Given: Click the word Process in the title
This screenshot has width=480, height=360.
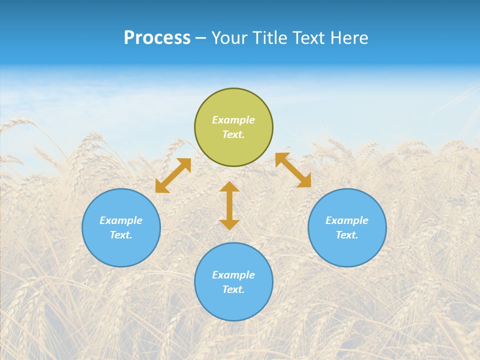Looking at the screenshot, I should pos(157,38).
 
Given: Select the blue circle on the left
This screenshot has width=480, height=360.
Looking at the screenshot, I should pos(121,250).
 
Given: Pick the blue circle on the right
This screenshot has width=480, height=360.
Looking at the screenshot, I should pos(347,250).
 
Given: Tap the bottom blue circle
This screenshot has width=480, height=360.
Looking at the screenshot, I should pos(233,305).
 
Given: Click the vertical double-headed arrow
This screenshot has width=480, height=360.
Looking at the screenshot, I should pos(229,206).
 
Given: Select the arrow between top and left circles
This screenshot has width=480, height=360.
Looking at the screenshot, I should pos(173,175).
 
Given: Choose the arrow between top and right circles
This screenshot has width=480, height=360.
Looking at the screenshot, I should pos(293,170).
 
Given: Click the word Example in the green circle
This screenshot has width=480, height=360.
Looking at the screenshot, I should pos(233,120).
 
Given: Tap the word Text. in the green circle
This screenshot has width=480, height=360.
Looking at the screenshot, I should pos(233,134).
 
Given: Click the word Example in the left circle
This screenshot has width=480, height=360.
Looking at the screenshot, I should pos(121,220).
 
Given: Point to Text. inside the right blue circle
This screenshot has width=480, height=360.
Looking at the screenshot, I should pos(347,235).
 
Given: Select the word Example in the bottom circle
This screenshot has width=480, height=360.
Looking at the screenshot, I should pos(233,275).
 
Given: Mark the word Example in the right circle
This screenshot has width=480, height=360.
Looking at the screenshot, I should pos(347,220).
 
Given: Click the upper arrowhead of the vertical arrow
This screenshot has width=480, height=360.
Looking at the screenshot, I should pos(229,187).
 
